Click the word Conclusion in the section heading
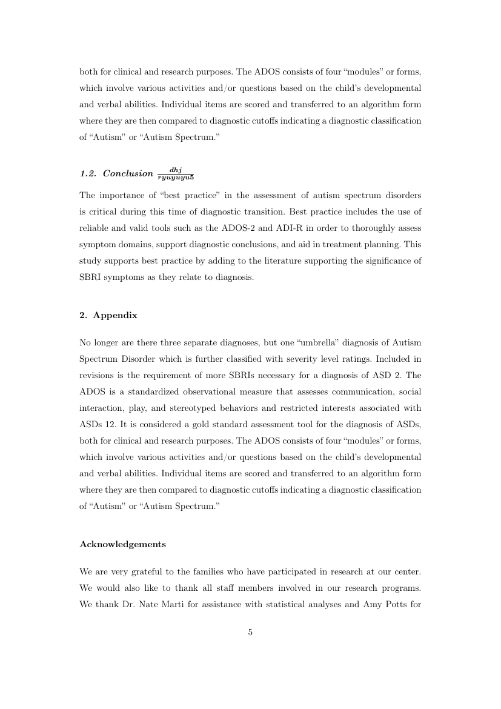pos(128,174)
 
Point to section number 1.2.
pos(88,174)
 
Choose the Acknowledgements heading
pos(122,544)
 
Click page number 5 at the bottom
pos(250,633)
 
